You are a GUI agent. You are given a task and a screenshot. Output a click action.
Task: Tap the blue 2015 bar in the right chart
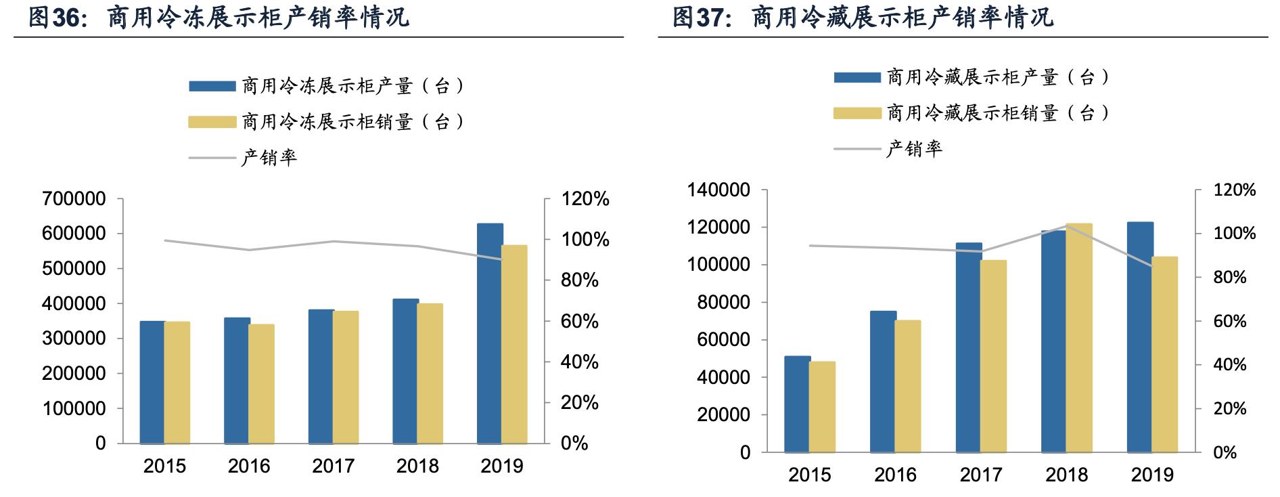point(797,404)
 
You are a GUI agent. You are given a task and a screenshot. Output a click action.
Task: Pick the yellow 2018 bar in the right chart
point(1079,338)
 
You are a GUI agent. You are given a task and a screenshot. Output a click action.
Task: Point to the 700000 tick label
point(74,199)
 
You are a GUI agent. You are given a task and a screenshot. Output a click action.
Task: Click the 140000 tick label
point(718,190)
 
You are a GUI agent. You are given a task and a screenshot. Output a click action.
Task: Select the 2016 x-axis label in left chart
point(249,467)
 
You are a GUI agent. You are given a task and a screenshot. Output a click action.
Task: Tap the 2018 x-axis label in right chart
point(1066,475)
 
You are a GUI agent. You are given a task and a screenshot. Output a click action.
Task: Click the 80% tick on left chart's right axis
point(580,280)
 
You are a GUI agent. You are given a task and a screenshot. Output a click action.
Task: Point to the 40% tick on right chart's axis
point(1229,365)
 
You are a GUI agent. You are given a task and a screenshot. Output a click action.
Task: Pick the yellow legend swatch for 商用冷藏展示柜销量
point(857,113)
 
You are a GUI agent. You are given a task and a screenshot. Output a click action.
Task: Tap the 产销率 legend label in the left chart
point(269,158)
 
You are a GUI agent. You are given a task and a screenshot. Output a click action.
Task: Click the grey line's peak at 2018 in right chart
point(1067,227)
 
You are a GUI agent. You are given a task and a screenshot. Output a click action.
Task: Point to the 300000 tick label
point(74,339)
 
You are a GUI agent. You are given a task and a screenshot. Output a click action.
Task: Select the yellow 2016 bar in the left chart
point(261,384)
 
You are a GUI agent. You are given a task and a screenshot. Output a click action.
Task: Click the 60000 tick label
point(723,340)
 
